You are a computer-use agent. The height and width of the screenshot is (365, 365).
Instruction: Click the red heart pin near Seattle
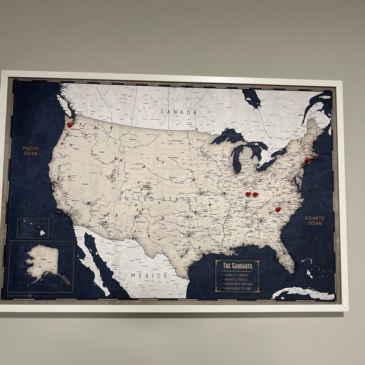(71, 124)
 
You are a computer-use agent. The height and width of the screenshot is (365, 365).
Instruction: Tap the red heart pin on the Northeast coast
(308, 161)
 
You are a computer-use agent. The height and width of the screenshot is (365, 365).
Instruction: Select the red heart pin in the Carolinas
(278, 210)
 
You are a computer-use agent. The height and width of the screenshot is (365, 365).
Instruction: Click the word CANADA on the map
(178, 112)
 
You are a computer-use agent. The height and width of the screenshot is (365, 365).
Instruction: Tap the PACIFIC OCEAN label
(30, 151)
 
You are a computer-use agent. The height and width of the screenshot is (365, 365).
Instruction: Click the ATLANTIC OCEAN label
(315, 220)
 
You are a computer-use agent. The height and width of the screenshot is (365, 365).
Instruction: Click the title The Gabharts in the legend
(237, 266)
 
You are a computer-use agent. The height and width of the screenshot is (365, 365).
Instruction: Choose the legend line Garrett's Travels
(238, 274)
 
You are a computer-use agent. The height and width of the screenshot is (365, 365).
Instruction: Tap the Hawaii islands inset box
(33, 228)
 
